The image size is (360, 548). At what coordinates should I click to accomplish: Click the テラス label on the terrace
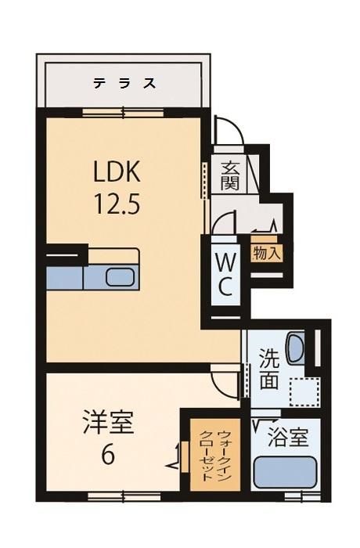(124, 84)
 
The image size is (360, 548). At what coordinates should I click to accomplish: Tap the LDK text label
(117, 171)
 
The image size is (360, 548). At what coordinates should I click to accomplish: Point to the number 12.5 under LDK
(117, 204)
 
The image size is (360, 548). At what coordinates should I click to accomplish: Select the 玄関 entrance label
(229, 175)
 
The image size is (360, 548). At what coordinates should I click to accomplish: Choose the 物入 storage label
(268, 252)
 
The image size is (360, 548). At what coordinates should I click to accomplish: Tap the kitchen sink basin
(120, 277)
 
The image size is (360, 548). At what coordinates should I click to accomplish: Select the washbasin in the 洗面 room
(295, 347)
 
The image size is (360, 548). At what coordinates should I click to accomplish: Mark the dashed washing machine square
(304, 392)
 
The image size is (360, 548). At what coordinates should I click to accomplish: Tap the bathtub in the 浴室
(285, 473)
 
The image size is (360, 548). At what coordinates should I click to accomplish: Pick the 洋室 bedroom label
(109, 422)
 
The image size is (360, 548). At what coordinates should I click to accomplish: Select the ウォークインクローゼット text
(215, 456)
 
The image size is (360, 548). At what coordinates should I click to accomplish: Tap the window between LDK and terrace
(123, 113)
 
